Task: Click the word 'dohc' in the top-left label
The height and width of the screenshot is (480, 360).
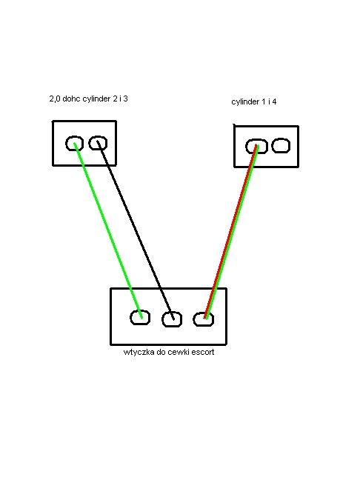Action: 71,99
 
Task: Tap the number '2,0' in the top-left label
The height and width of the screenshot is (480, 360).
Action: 55,99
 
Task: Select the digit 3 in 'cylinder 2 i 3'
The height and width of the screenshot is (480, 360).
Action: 125,99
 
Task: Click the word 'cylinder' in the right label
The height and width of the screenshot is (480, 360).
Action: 245,102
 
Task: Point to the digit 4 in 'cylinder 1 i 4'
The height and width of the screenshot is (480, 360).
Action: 274,101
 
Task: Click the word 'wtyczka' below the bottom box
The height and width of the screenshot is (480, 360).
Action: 139,352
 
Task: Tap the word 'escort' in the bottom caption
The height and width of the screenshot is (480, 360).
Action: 204,353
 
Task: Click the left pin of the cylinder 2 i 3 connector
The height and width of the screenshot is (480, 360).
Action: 74,143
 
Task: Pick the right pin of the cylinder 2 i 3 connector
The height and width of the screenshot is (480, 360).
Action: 98,143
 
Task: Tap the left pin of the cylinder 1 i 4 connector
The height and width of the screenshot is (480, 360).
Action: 256,147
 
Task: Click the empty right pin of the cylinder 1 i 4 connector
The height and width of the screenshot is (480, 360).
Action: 281,145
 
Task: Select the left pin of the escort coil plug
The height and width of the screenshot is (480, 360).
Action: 140,318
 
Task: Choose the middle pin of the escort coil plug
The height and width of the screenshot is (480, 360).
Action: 172,319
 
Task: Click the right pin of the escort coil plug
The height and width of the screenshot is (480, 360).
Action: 203,319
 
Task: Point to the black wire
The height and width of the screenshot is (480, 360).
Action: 136,230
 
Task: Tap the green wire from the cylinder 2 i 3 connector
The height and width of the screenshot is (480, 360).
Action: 108,230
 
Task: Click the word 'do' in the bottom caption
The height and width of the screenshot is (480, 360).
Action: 161,352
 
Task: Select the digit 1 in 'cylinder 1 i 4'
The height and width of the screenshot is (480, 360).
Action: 264,101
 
